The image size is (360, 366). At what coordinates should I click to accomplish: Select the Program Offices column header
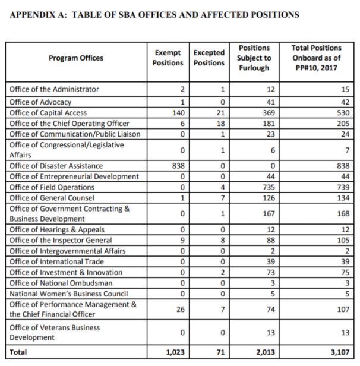coord(75,58)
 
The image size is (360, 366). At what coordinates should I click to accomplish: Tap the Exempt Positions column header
coord(168,58)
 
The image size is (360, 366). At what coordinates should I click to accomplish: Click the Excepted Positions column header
coord(209,58)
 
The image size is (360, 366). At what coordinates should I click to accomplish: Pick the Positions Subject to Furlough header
coord(254,58)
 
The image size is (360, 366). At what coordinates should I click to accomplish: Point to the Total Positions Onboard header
coord(317,58)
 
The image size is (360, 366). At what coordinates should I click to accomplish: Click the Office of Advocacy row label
coord(41,102)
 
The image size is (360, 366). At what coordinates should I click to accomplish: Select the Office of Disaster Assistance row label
coord(56,166)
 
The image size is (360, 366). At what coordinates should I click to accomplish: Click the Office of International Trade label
coord(54,262)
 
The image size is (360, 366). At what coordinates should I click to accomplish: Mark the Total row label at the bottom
coord(18,352)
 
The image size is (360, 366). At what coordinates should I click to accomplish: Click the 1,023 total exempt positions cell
coord(175,352)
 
